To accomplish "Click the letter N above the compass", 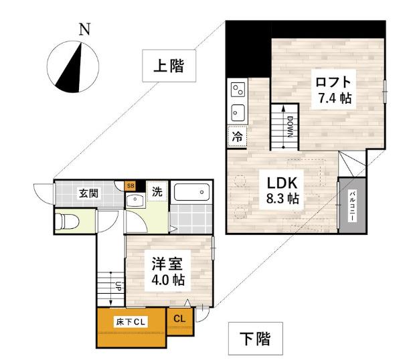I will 84,29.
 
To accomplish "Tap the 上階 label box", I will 168,66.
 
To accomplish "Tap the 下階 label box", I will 254,339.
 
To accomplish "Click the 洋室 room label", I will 167,263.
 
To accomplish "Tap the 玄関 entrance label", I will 88,194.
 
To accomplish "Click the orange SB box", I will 131,186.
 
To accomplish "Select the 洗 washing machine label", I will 155,191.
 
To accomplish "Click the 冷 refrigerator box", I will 237,136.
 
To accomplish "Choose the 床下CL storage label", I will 131,322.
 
